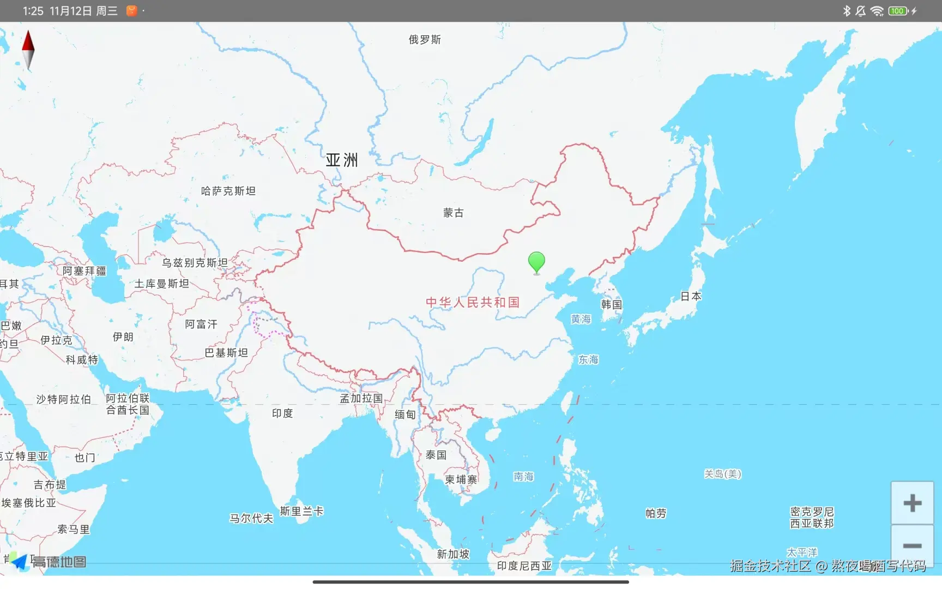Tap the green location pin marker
tap(536, 262)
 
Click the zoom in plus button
tap(912, 503)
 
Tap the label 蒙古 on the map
tap(453, 213)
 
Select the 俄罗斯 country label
tap(425, 40)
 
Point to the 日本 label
tap(691, 296)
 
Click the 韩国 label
tap(611, 304)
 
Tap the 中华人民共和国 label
tap(473, 302)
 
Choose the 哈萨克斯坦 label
tap(228, 191)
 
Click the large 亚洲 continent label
tap(342, 160)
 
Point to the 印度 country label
tap(282, 413)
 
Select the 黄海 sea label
tap(581, 319)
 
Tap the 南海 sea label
tap(523, 477)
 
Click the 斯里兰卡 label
tap(301, 511)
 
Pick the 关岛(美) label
tap(722, 474)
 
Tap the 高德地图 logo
tap(49, 562)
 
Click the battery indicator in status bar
tap(897, 11)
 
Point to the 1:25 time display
tap(33, 11)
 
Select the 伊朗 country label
tap(123, 337)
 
